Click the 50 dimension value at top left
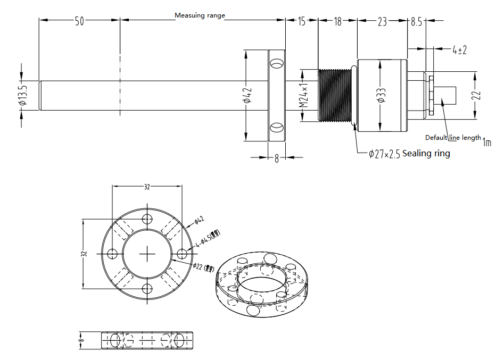point(79,21)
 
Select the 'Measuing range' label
point(200,15)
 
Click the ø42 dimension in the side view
point(246,96)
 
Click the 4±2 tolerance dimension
point(459,50)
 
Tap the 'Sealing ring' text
point(426,154)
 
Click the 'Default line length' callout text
point(453,138)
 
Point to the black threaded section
point(335,96)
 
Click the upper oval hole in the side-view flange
point(277,64)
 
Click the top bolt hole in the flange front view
point(147,219)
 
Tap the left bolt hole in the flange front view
point(112,254)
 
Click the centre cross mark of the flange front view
point(147,254)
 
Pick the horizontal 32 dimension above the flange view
point(147,187)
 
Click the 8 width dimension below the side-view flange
point(277,158)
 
